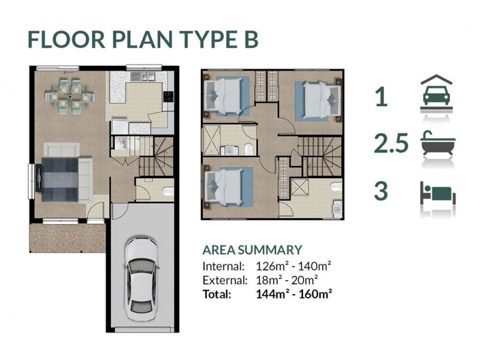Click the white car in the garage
141,278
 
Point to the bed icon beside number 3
438,193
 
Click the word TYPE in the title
203,39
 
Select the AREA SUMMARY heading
252,250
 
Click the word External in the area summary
224,280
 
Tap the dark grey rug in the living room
59,179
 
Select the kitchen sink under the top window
143,76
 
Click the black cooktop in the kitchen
169,97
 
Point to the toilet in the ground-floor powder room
168,191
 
